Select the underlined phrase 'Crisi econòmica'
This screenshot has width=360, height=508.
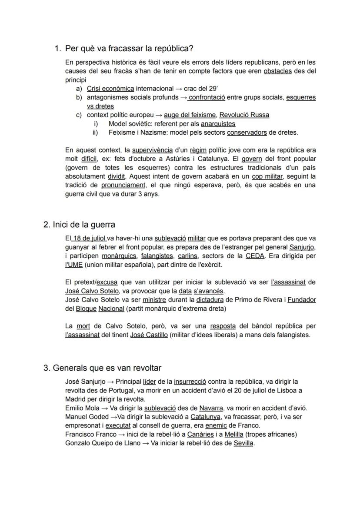110,89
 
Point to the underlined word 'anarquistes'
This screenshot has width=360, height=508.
218,124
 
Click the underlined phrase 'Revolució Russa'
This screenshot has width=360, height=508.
244,115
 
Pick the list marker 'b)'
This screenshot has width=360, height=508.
79,97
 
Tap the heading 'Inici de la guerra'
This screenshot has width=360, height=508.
84,225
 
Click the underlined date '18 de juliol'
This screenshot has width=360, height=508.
89,239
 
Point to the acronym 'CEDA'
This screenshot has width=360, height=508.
255,256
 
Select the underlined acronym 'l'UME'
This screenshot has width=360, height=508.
73,265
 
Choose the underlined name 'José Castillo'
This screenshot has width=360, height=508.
149,335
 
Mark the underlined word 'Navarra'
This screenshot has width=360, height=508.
211,408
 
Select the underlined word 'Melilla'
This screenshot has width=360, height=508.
235,434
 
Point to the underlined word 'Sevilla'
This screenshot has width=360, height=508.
243,443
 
